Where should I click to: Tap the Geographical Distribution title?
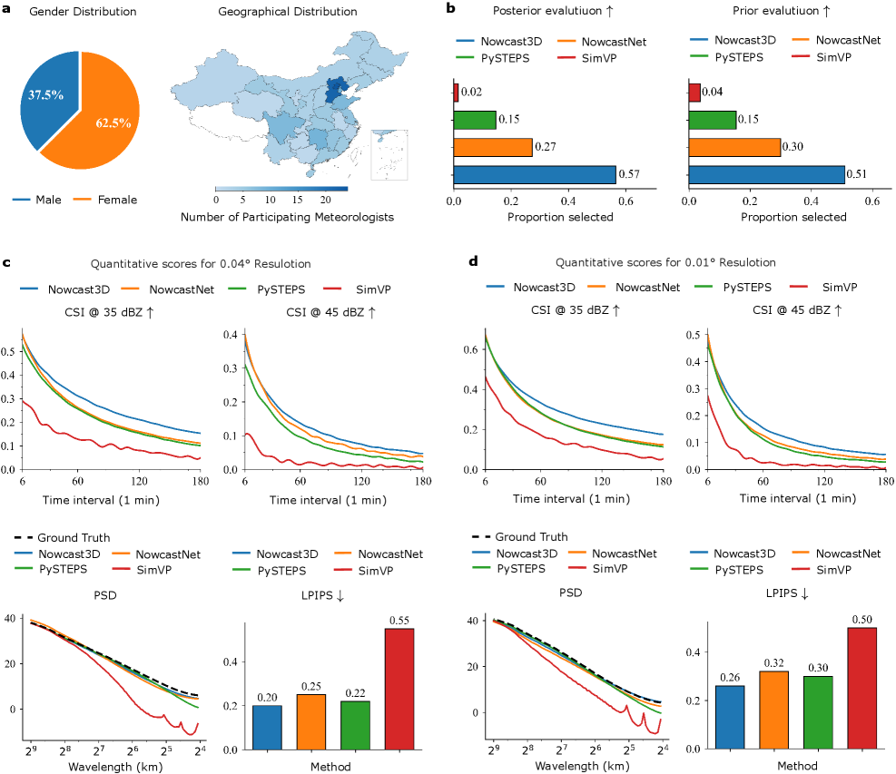288,12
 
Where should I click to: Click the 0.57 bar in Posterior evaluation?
534,175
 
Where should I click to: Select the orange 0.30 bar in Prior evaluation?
734,147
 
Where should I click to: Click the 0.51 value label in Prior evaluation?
858,175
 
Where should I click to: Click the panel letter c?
8,262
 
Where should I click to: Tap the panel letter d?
472,262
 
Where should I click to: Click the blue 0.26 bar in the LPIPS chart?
729,717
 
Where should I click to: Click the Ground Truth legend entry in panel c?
61,537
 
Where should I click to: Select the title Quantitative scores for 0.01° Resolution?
665,262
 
